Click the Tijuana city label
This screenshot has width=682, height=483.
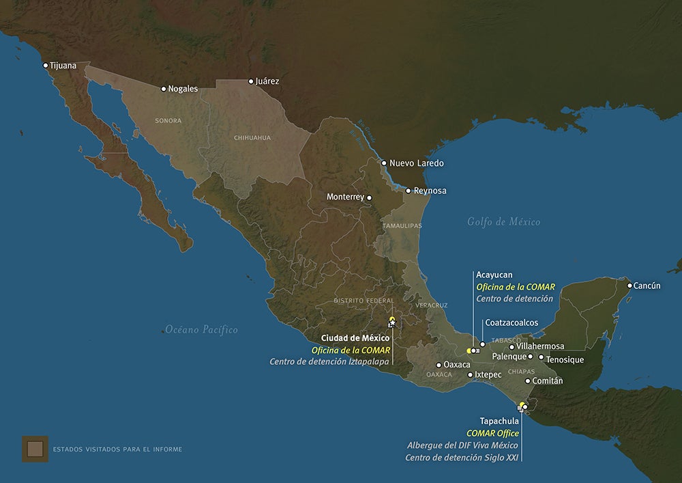(x=63, y=66)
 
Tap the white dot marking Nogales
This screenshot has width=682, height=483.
(x=164, y=89)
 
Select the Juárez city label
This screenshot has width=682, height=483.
(x=267, y=81)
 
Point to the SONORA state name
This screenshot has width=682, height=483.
(x=168, y=121)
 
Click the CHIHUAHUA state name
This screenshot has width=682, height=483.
(x=252, y=138)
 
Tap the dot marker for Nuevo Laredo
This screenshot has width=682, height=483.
(x=384, y=163)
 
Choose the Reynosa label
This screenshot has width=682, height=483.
(x=430, y=191)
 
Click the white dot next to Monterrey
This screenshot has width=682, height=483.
(x=370, y=198)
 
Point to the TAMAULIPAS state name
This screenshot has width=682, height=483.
(x=402, y=225)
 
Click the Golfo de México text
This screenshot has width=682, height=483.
(x=504, y=221)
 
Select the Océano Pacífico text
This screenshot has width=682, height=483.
(x=201, y=330)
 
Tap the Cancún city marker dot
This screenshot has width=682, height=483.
(x=629, y=286)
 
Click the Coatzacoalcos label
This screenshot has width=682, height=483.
(x=512, y=322)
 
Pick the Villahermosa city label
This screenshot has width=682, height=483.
(x=541, y=346)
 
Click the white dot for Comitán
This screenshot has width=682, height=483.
(x=528, y=381)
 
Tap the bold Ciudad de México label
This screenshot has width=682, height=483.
(x=355, y=338)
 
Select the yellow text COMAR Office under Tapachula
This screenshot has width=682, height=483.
(x=492, y=433)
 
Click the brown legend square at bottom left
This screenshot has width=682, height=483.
(x=35, y=449)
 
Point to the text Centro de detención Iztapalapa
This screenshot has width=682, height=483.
(x=329, y=361)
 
